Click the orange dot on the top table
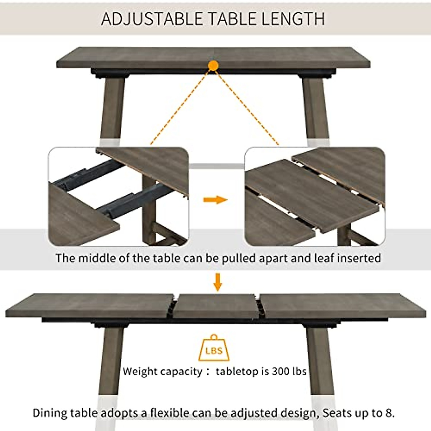[x=213, y=66]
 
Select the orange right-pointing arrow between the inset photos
[x=215, y=200]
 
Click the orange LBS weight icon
[x=214, y=349]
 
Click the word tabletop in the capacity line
[x=237, y=371]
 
